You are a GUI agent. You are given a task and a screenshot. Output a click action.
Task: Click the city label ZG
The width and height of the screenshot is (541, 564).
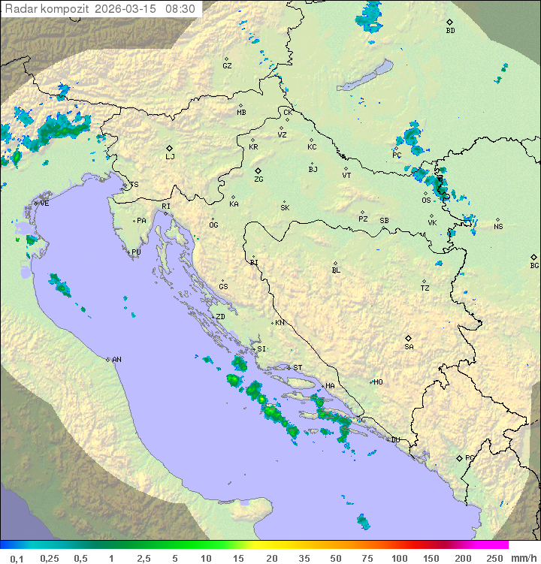(x=258, y=179)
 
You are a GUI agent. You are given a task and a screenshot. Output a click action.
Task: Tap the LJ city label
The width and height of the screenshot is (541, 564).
(x=170, y=156)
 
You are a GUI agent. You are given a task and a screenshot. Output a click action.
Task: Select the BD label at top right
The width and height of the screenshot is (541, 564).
(x=450, y=31)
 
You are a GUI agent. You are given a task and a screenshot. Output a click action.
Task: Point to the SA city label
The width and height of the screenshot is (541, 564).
(x=409, y=346)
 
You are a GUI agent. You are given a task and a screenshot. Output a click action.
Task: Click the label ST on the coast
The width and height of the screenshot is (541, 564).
(x=298, y=368)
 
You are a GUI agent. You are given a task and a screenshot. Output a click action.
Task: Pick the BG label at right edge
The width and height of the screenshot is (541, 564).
(x=534, y=265)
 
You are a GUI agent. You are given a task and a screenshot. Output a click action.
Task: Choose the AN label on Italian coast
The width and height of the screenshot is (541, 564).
(x=116, y=360)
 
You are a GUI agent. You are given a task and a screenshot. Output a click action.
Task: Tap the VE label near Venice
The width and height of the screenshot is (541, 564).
(x=44, y=204)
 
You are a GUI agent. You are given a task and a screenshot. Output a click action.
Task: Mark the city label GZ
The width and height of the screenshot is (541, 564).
(x=227, y=65)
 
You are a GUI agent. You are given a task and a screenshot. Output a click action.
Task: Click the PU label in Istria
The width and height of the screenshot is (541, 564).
(x=136, y=252)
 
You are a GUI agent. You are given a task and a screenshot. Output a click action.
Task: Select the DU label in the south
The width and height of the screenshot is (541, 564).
(x=395, y=439)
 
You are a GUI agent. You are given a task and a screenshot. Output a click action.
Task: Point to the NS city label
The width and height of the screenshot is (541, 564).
(x=498, y=227)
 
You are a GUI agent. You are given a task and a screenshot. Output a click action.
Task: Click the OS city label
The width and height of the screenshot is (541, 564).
(x=426, y=201)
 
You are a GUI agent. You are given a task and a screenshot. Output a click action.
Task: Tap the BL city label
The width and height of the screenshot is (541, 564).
(x=336, y=270)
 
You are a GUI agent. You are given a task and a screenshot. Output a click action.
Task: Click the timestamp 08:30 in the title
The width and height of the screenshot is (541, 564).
(x=180, y=9)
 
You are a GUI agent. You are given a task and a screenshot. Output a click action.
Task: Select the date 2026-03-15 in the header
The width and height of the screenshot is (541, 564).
(x=126, y=9)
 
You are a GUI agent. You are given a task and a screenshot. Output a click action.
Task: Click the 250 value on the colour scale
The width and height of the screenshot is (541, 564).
(x=494, y=558)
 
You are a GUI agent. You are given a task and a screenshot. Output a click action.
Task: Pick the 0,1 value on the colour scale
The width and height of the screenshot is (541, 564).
(x=17, y=558)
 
